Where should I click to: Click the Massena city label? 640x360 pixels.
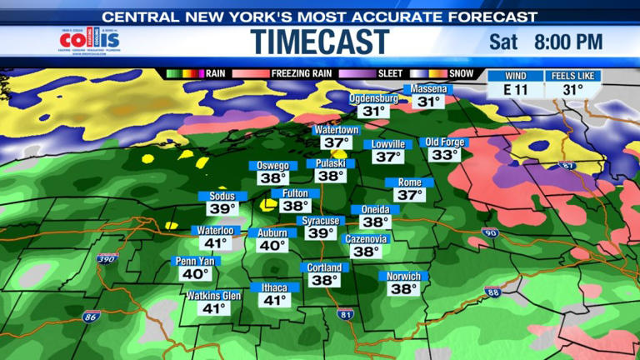tap(429, 89)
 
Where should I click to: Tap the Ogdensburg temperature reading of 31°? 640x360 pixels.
tap(373, 111)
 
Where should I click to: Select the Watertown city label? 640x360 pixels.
tap(336, 130)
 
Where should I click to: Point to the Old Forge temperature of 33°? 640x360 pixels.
tap(444, 155)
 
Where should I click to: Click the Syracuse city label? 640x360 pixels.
tap(320, 221)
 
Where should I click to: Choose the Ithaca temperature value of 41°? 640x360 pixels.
tap(275, 300)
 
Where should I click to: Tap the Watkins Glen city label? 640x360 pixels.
tap(213, 296)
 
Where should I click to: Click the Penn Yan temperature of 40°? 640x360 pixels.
tap(195, 273)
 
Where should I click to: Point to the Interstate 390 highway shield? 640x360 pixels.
tap(106, 260)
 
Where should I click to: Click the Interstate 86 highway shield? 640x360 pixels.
tap(90, 316)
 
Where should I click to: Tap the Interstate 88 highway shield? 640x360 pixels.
tap(492, 292)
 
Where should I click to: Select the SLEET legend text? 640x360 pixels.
tap(390, 73)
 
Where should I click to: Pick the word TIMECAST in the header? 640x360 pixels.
tap(320, 42)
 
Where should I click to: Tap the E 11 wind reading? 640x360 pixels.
tap(515, 90)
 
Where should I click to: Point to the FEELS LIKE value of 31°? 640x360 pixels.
tap(572, 90)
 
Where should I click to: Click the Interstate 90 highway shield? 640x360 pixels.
tap(490, 233)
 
